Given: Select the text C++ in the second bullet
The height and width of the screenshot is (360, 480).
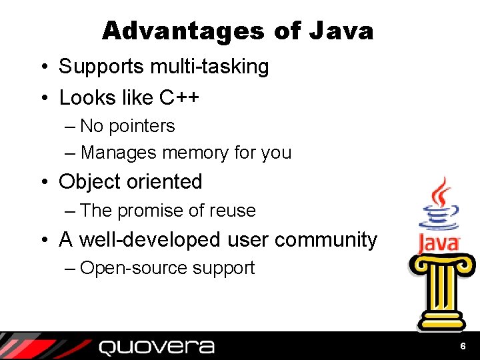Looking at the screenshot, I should [179, 98].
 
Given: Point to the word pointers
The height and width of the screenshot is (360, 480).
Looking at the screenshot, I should [141, 126].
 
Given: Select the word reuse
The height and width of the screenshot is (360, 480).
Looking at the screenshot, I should [233, 211].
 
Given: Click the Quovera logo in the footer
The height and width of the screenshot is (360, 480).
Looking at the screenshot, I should [157, 347].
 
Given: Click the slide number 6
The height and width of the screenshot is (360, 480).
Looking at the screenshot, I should [463, 347].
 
